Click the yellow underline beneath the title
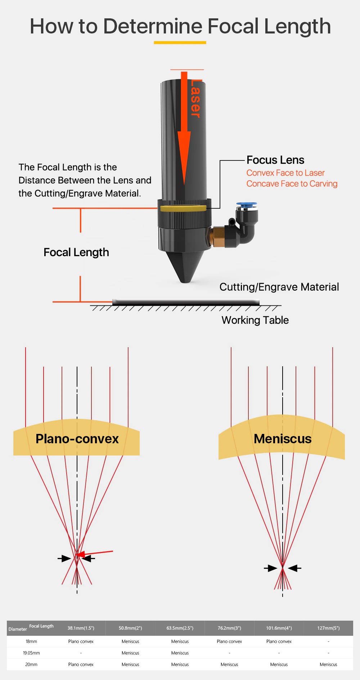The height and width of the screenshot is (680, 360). point(180,42)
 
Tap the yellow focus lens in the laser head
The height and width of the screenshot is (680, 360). point(183,208)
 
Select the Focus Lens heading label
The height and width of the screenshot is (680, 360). point(275,160)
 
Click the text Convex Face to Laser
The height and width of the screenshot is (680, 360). point(285,173)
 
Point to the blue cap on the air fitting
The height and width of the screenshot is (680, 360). point(247,205)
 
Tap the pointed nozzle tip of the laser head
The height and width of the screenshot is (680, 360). point(185,279)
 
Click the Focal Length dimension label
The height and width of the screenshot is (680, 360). point(76,253)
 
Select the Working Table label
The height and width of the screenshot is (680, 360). point(255,320)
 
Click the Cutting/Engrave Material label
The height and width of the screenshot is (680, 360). point(279,287)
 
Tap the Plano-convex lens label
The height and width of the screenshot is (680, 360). point(77,439)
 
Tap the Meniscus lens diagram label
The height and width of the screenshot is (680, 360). point(283,439)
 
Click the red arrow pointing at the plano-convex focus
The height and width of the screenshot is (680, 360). point(95,553)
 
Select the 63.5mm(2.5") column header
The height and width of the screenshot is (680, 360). point(180,628)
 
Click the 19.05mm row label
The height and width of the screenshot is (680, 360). point(31,653)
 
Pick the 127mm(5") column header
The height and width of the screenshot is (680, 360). point(328,628)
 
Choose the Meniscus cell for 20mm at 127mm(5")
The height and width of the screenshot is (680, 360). point(328,665)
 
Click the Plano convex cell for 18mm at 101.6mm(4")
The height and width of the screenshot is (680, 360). point(279,642)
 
